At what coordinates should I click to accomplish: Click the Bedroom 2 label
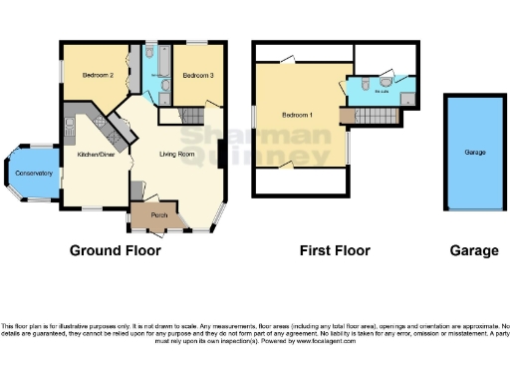(97, 76)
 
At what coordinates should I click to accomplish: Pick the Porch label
(157, 215)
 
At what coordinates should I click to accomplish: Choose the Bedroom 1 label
(298, 116)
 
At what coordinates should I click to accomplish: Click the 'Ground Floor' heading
(115, 251)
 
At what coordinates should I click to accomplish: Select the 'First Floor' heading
(335, 251)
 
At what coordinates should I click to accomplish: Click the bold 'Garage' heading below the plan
(474, 251)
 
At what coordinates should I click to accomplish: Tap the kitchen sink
(70, 126)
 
